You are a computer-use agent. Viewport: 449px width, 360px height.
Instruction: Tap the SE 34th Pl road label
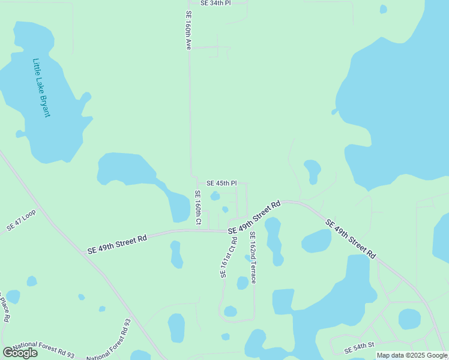point(215,3)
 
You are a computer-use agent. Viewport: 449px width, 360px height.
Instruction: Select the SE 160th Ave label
point(188,30)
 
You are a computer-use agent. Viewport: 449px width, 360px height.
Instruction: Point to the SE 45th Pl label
point(221,183)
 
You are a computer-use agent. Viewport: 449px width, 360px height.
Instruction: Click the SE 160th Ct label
point(197,208)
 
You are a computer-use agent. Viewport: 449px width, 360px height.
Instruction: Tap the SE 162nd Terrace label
point(253,257)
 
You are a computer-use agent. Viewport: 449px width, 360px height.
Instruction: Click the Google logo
point(20,353)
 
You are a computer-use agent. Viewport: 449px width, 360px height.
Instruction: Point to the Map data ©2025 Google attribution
point(412,355)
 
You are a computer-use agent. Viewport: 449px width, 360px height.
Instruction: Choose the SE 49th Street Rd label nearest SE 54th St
point(350,239)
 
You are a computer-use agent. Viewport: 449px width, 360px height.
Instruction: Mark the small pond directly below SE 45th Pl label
point(215,196)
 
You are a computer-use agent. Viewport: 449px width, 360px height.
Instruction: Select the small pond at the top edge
point(384,8)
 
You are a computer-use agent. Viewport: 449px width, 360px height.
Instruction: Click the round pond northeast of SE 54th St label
point(409,319)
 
